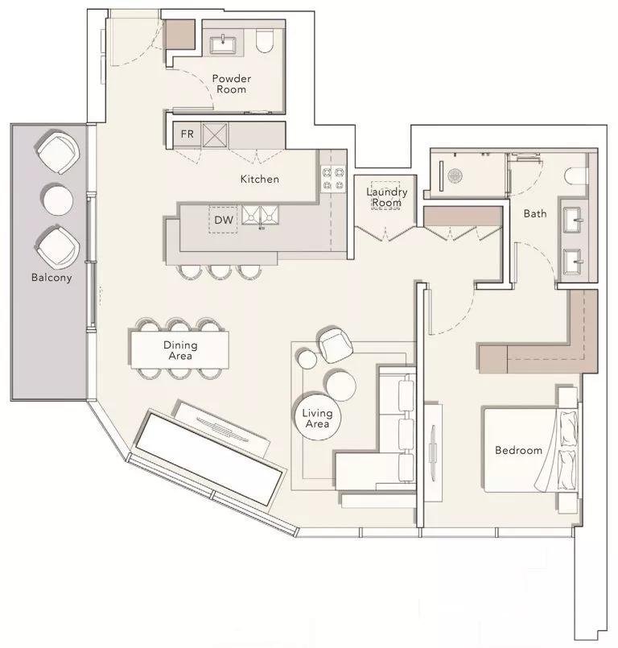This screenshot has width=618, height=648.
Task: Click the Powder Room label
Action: click(x=231, y=84)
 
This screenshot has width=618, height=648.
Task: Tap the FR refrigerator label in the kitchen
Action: click(x=187, y=134)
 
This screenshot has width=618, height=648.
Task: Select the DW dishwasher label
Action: click(x=223, y=219)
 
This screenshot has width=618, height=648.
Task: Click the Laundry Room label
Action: click(x=386, y=197)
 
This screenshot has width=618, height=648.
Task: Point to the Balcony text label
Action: click(x=51, y=278)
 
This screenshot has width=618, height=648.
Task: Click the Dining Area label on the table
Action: click(x=180, y=350)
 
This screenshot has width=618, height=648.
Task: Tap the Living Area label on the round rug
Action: click(x=317, y=419)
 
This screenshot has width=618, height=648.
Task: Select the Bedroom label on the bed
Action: click(x=518, y=450)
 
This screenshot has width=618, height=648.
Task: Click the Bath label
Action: click(x=535, y=213)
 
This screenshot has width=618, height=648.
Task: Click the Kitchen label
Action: click(x=259, y=179)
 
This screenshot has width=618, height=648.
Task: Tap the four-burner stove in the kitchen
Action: click(x=333, y=178)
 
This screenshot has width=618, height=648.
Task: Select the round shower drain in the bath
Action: click(x=455, y=175)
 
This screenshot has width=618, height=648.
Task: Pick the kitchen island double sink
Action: click(x=262, y=215)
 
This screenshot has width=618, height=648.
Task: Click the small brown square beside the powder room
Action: click(x=179, y=35)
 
